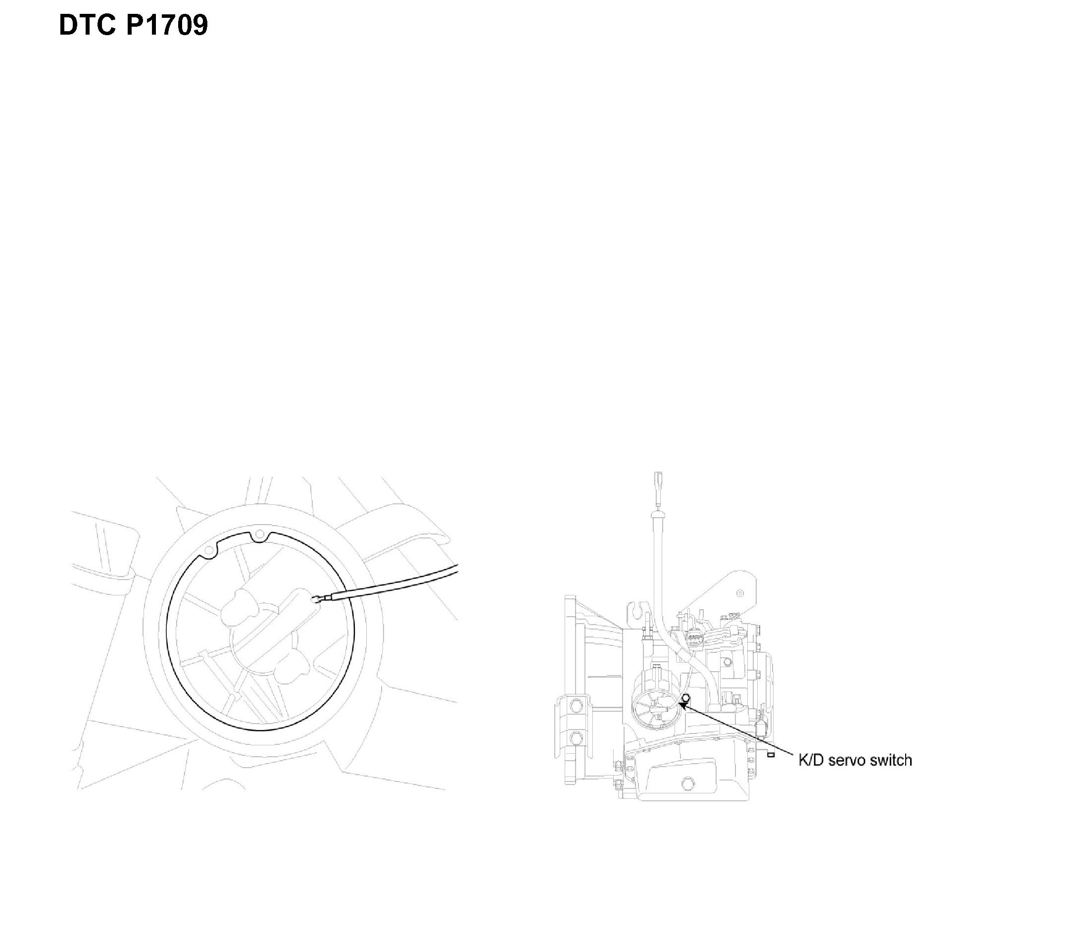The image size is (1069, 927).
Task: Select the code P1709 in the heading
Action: [166, 25]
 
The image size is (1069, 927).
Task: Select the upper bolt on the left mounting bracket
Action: [575, 705]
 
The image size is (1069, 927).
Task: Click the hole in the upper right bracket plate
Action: [740, 593]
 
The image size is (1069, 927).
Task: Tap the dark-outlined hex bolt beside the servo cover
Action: [685, 698]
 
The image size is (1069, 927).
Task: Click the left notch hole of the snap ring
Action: [208, 551]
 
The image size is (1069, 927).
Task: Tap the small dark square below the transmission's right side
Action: [771, 755]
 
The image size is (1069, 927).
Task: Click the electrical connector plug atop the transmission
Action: [692, 640]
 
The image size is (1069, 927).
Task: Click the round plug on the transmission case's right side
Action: [728, 662]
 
